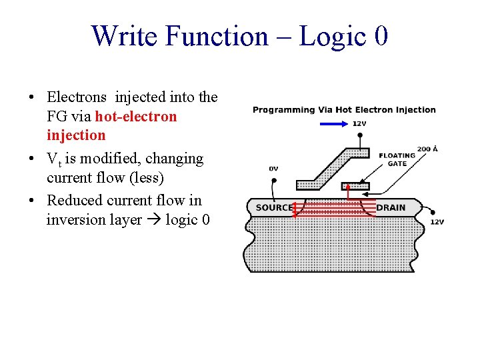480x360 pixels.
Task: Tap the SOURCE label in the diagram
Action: (274, 207)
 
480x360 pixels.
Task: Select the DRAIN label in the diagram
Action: (391, 207)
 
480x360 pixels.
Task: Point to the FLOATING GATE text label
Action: (397, 159)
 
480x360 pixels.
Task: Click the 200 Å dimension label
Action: (427, 149)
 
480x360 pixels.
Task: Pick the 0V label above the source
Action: (273, 169)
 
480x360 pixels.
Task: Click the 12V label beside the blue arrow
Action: (359, 123)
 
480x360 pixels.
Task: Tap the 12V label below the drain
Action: (437, 222)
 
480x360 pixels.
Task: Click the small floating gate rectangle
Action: (355, 185)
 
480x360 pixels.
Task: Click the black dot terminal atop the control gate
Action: (360, 135)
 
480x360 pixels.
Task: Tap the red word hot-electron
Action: (136, 117)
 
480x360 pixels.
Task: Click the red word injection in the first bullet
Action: (76, 135)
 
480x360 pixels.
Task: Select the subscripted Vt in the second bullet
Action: (54, 160)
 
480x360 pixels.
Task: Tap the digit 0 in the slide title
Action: (381, 36)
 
